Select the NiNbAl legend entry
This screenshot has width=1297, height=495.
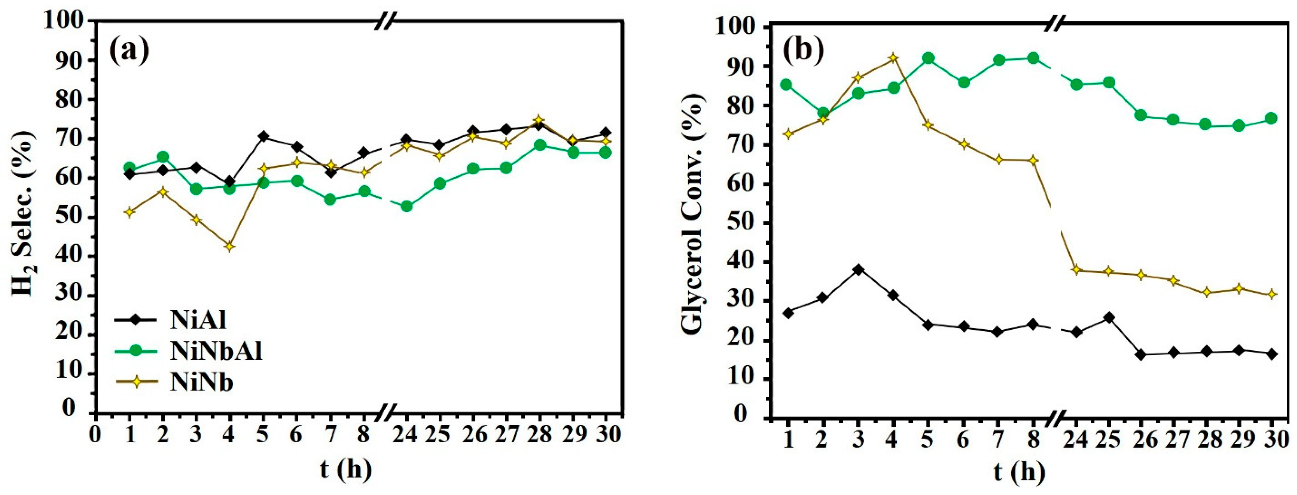pyautogui.click(x=216, y=352)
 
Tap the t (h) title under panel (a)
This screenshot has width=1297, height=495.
pyautogui.click(x=345, y=469)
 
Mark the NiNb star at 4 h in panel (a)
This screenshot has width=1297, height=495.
pyautogui.click(x=230, y=247)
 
